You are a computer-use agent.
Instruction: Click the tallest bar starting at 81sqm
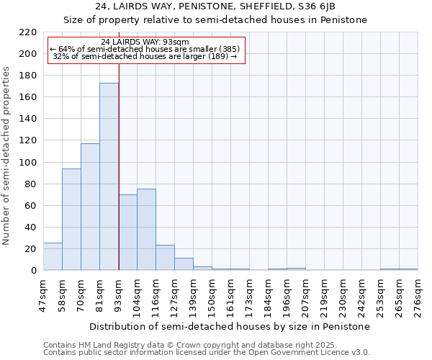[x=109, y=176]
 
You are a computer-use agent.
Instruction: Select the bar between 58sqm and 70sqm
[x=71, y=220]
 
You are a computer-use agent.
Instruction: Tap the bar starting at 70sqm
[x=90, y=207]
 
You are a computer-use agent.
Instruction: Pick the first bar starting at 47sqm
[x=53, y=256]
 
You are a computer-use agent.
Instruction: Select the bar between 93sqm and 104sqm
[x=127, y=232]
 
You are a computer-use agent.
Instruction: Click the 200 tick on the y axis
[x=28, y=54]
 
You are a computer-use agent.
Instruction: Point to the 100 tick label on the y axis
[x=28, y=163]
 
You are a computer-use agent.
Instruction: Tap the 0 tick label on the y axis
[x=33, y=271]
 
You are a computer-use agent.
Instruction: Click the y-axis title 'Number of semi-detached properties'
[x=6, y=156]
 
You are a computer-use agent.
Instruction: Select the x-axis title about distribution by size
[x=230, y=326]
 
